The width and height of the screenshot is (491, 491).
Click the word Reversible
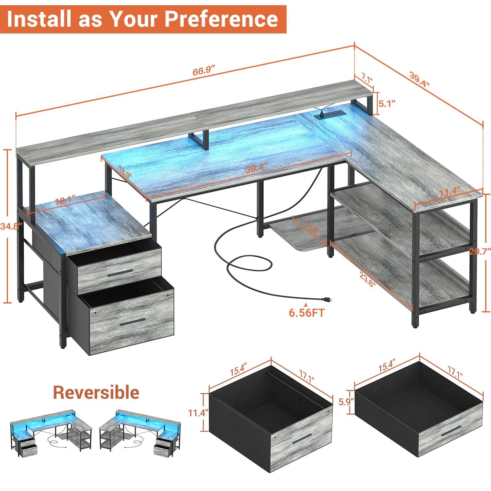[96, 392]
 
